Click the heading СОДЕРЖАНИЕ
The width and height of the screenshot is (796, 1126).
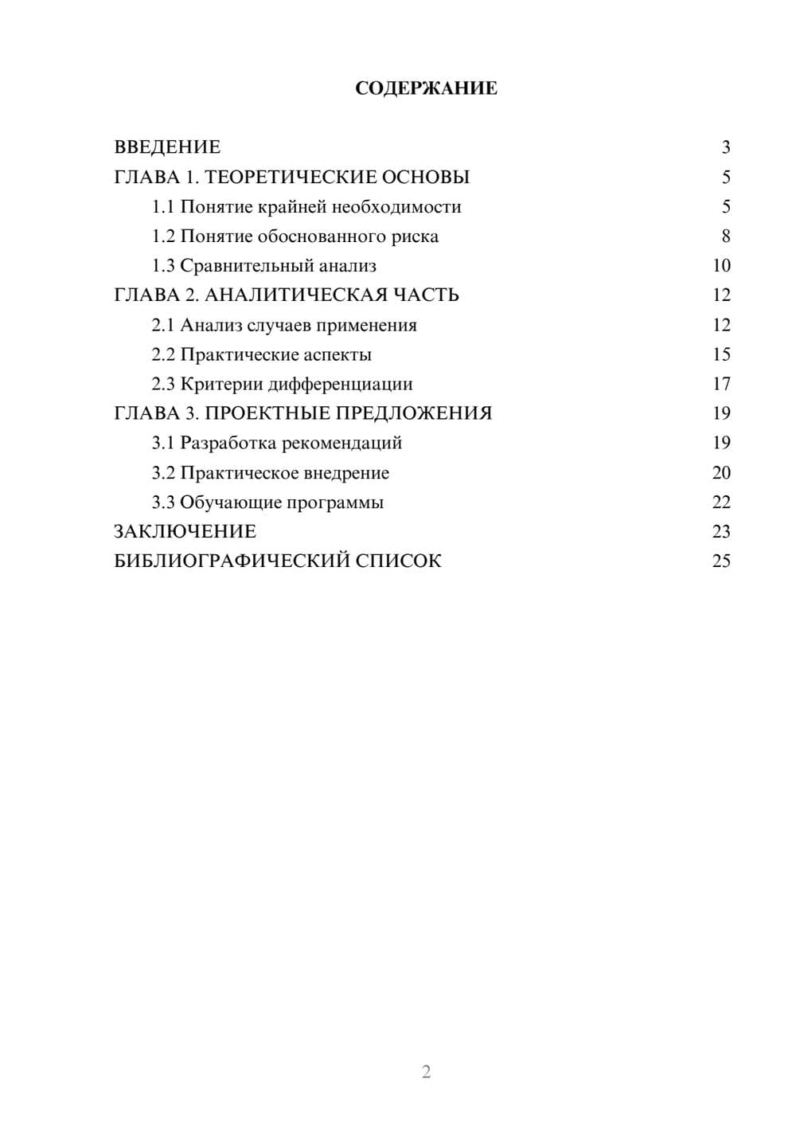(426, 88)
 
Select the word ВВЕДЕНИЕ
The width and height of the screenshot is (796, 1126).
(167, 147)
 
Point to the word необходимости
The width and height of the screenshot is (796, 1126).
(396, 207)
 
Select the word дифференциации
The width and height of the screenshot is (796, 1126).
(340, 384)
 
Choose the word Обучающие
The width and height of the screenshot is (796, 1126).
(230, 502)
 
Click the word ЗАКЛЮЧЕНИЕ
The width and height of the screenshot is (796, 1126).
(185, 532)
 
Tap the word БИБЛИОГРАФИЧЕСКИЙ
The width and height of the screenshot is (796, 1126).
(232, 561)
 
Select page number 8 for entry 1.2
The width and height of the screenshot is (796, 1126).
(725, 237)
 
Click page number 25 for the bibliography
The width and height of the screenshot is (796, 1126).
(721, 561)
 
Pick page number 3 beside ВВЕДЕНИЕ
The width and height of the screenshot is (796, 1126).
(725, 147)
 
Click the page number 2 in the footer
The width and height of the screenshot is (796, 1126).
(426, 1072)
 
